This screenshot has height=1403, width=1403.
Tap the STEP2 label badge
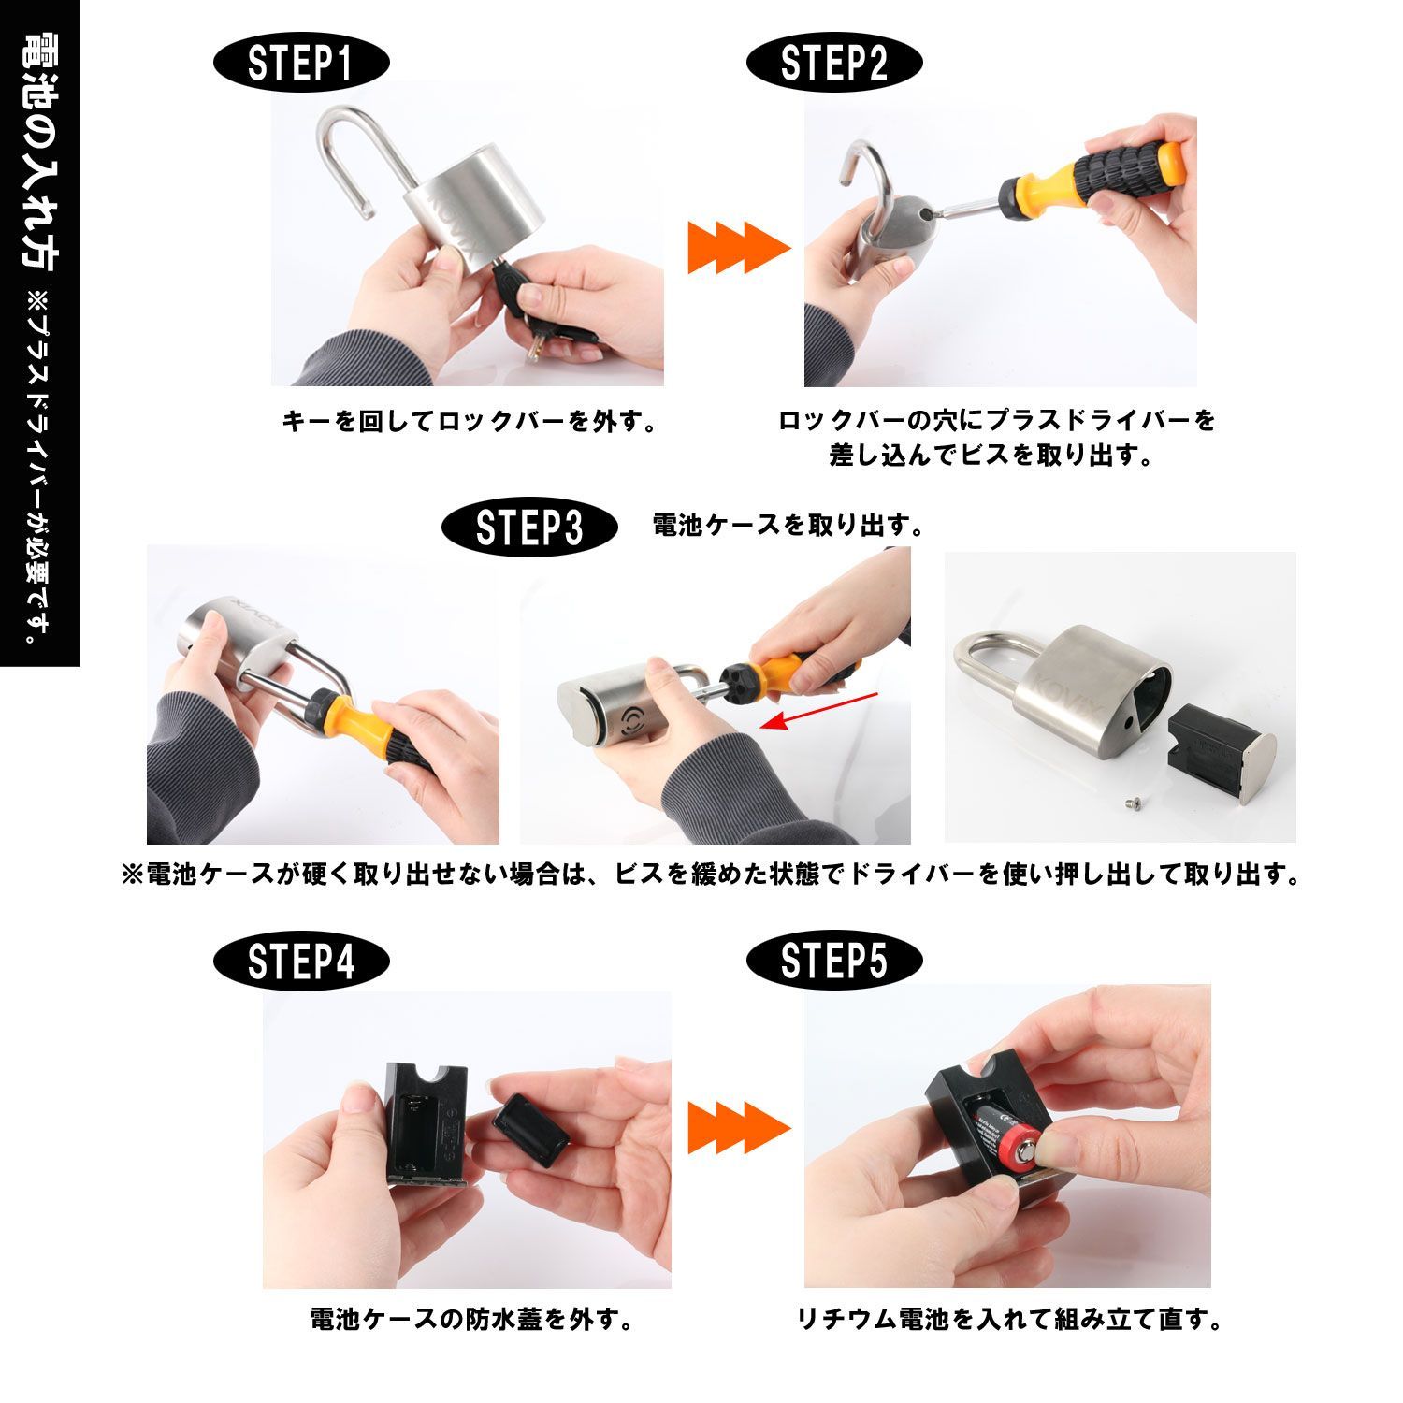tap(834, 64)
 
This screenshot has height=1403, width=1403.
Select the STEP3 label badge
tap(529, 528)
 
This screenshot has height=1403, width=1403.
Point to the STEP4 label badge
tap(302, 962)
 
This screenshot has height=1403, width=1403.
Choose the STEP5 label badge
tap(834, 962)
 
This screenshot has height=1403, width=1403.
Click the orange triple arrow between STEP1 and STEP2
tap(740, 248)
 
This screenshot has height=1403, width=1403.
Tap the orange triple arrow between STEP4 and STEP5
tap(740, 1127)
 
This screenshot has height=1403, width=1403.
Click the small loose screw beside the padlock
tap(1129, 802)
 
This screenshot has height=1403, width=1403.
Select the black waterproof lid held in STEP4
tap(529, 1130)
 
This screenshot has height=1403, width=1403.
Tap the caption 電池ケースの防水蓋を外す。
tap(472, 1319)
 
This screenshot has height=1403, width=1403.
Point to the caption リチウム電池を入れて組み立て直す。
tap(1010, 1319)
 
